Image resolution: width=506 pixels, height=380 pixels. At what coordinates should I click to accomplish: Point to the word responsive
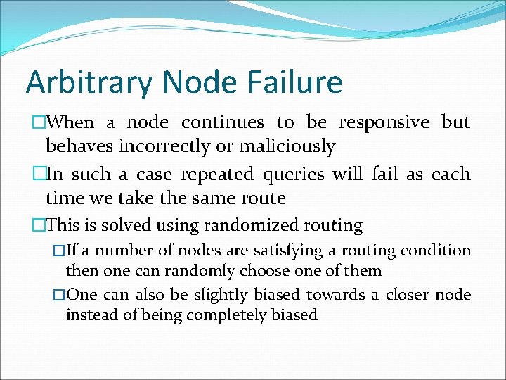coord(384,122)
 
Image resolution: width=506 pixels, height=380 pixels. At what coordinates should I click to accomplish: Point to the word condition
coord(438,251)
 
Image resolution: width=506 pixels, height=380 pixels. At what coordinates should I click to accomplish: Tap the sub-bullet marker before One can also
coord(59,295)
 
